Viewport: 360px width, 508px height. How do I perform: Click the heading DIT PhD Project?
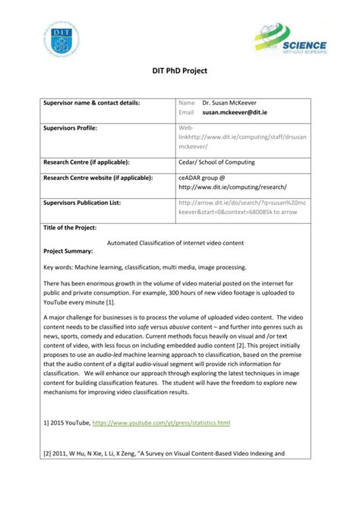[x=180, y=71]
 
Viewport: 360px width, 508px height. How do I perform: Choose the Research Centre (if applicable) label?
[x=87, y=162]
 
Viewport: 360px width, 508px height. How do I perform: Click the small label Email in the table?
[x=186, y=112]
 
